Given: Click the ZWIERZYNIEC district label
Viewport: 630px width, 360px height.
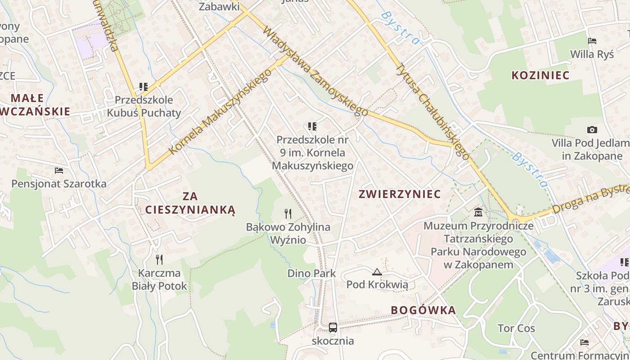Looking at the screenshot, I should point(400,194).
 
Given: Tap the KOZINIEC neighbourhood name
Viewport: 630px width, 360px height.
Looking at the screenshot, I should point(540,75).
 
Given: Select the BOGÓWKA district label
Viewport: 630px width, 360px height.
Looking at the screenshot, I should point(423,310).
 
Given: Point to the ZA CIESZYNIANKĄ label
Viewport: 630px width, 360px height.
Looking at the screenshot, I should point(190,203).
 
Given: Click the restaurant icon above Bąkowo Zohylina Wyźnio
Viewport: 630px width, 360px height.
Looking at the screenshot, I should point(288,213).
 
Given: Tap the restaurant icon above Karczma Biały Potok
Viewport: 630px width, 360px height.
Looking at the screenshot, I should point(159,259).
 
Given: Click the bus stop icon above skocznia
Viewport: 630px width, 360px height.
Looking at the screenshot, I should point(333,327).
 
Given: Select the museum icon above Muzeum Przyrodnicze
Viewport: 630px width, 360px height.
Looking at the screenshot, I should point(478,212).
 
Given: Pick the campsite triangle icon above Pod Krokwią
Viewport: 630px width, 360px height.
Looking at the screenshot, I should point(377,271).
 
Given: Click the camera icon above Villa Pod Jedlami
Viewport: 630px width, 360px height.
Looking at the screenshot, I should point(592,130).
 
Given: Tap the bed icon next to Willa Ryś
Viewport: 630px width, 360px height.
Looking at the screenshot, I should point(592,41).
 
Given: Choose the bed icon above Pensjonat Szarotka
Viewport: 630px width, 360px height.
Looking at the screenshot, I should point(59,170).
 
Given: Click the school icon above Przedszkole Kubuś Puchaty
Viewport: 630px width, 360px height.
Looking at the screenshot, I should point(144,86).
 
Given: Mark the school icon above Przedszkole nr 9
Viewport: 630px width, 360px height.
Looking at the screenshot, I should point(312,126).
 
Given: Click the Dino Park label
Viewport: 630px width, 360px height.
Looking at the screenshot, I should point(311,273).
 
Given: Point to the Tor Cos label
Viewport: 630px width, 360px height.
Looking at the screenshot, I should point(516,328).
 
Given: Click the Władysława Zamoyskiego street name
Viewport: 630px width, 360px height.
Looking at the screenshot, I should point(315,71).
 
